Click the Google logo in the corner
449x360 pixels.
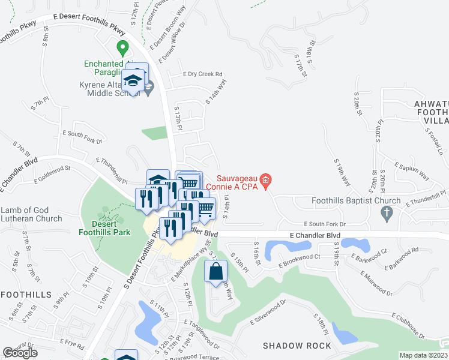coord(20,352)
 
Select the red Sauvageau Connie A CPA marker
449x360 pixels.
coord(268,179)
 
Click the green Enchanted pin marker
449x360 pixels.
coord(122,46)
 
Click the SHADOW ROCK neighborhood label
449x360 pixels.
coord(297,346)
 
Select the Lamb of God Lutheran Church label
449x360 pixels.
coord(31,214)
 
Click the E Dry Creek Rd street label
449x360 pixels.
coord(202,75)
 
